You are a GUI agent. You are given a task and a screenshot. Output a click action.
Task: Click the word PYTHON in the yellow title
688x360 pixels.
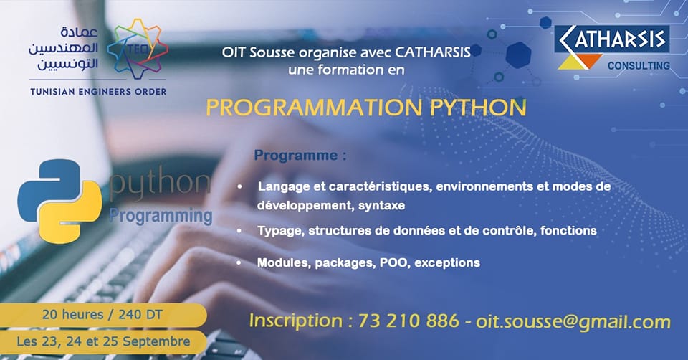click(478, 108)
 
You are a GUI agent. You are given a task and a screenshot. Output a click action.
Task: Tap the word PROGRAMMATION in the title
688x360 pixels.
click(314, 108)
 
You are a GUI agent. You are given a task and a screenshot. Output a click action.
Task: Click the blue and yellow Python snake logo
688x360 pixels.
click(59, 201)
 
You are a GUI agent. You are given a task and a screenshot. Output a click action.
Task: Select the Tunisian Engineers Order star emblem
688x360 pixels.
click(138, 48)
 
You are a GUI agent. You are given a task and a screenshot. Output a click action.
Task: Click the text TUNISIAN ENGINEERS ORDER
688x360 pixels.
click(98, 92)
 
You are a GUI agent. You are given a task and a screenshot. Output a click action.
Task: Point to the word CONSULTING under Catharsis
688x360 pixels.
click(639, 66)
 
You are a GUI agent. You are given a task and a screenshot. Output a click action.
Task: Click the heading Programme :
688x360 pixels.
click(300, 156)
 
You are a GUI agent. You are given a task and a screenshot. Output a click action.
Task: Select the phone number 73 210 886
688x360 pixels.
click(408, 321)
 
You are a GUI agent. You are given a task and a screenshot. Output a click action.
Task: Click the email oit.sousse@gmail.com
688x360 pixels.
click(573, 322)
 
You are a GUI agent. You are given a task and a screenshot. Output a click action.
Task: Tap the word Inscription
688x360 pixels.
click(296, 321)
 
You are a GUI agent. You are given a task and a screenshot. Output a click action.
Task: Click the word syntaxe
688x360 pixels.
click(381, 206)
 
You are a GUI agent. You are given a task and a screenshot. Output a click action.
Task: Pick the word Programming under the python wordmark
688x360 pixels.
click(161, 216)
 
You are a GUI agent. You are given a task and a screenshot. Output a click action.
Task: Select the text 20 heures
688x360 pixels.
click(73, 314)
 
